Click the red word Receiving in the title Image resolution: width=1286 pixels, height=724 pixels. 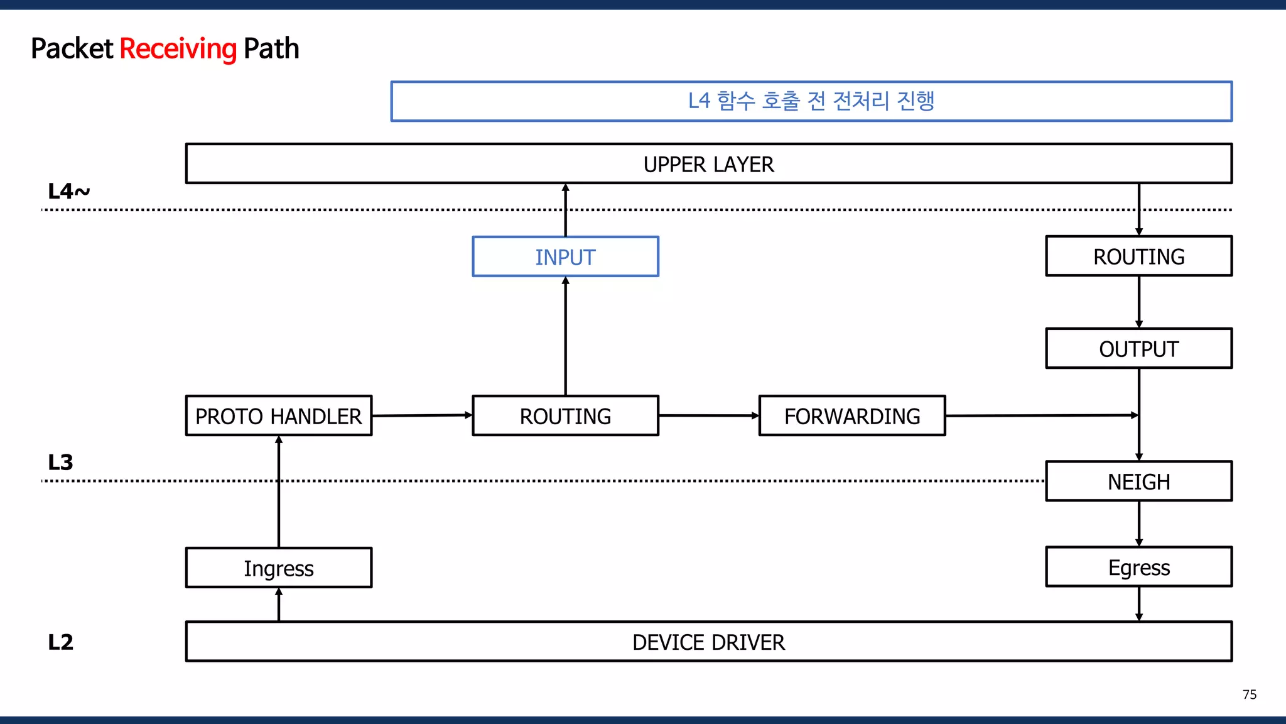click(x=178, y=49)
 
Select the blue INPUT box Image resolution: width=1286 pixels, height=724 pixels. click(x=565, y=256)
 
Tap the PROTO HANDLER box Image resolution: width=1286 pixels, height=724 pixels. click(x=279, y=415)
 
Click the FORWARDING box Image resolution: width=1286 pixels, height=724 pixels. click(x=852, y=415)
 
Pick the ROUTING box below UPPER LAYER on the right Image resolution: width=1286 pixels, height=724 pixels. click(x=1138, y=256)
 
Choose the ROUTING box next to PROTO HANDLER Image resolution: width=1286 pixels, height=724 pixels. click(x=565, y=415)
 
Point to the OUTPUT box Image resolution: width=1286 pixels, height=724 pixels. click(x=1138, y=348)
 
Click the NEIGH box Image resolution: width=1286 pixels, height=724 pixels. click(x=1138, y=481)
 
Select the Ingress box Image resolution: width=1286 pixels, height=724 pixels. click(x=279, y=568)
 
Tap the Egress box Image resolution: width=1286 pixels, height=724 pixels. click(x=1138, y=567)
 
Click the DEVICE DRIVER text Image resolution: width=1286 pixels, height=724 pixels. click(x=708, y=642)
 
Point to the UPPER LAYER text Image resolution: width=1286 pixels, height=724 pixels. click(x=708, y=164)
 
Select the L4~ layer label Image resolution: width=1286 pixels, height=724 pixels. click(x=68, y=191)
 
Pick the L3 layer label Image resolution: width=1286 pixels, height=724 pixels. click(x=60, y=463)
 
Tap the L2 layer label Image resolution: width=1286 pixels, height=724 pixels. click(x=60, y=642)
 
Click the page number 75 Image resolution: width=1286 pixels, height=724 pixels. click(x=1249, y=694)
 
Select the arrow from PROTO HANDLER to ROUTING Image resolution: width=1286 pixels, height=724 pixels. click(x=422, y=415)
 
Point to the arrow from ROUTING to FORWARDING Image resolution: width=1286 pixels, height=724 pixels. click(x=708, y=415)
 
